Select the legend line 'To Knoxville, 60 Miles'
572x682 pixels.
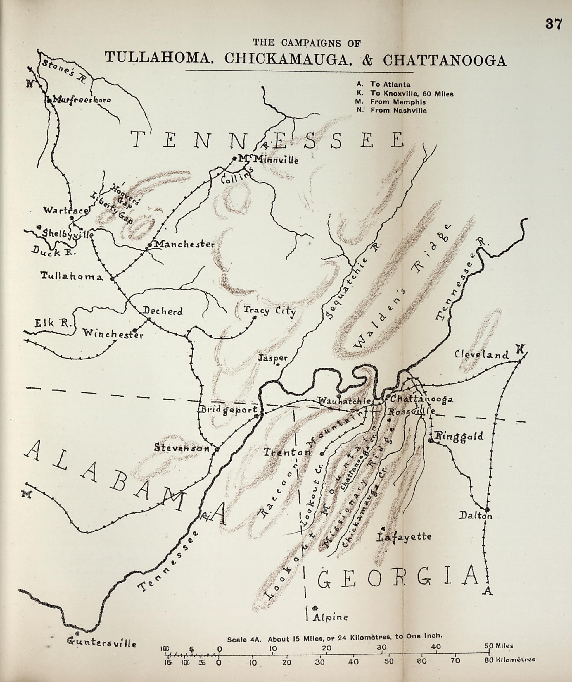pos(411,94)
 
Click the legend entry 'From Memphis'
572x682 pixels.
pos(398,102)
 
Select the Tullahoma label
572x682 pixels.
pos(72,276)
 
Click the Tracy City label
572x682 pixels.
pos(270,311)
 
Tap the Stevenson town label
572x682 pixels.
pos(182,448)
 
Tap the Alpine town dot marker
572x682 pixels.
pos(315,608)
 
